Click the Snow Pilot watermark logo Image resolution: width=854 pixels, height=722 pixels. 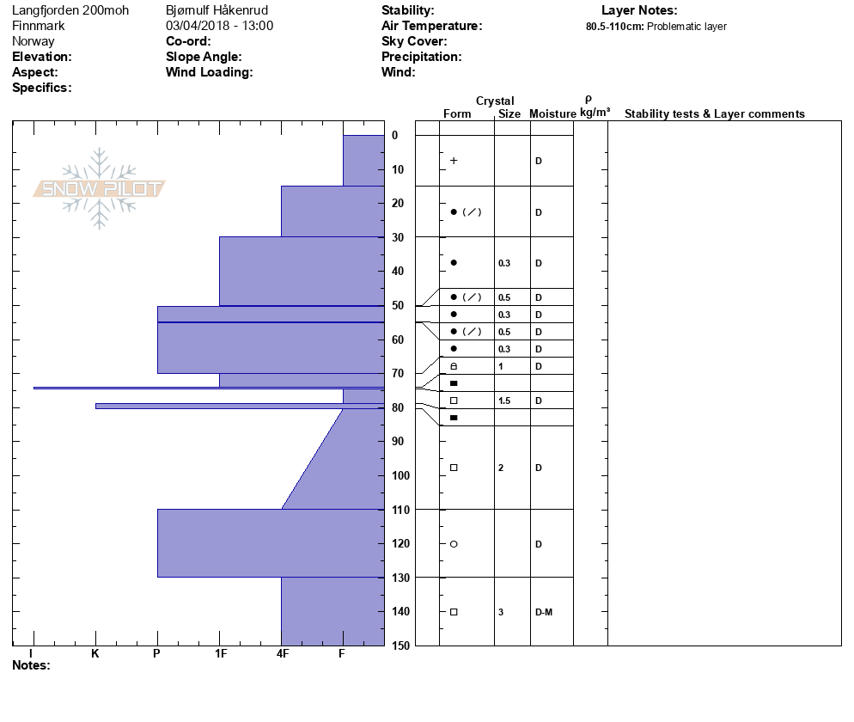click(100, 188)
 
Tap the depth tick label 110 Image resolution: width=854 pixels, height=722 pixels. click(400, 510)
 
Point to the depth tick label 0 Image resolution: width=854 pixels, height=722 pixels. click(394, 136)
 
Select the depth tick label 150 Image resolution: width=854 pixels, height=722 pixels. click(400, 646)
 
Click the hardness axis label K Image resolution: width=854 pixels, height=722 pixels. click(95, 654)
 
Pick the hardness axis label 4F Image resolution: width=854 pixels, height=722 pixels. click(282, 654)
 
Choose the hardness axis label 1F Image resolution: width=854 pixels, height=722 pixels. click(220, 654)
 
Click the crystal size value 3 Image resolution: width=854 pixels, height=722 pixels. click(501, 612)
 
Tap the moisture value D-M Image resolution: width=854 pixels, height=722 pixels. click(543, 612)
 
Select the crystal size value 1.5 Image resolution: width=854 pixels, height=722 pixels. click(504, 401)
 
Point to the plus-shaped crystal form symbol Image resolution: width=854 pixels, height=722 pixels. click(454, 161)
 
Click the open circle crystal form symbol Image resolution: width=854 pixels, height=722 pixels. click(454, 544)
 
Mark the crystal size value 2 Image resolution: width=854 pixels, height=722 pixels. click(501, 468)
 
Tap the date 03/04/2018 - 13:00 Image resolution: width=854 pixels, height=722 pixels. click(219, 26)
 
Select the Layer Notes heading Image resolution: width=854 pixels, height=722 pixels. click(639, 10)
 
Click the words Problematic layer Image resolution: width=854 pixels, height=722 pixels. click(686, 27)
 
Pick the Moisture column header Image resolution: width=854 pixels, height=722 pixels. click(552, 114)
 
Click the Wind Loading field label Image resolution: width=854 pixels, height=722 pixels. click(209, 72)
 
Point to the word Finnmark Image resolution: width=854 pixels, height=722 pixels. click(38, 26)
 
